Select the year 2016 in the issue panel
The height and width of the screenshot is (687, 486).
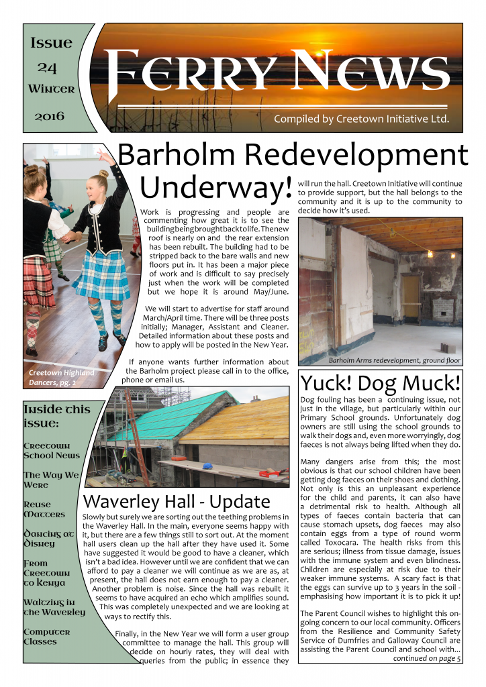[x=50, y=116]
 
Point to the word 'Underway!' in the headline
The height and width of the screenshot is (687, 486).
[x=215, y=186]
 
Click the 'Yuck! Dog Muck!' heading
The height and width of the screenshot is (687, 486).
[x=381, y=383]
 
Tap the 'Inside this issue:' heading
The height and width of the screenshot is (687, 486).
[x=52, y=416]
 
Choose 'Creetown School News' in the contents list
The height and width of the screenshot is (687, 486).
[x=51, y=450]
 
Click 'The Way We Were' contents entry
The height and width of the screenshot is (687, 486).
[x=51, y=480]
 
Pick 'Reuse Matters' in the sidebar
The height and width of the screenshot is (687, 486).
[x=44, y=509]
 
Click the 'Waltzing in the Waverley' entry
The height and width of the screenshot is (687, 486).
[x=54, y=607]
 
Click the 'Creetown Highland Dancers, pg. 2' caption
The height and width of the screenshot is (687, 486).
[x=61, y=377]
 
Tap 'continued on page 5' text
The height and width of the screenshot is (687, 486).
[x=427, y=658]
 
